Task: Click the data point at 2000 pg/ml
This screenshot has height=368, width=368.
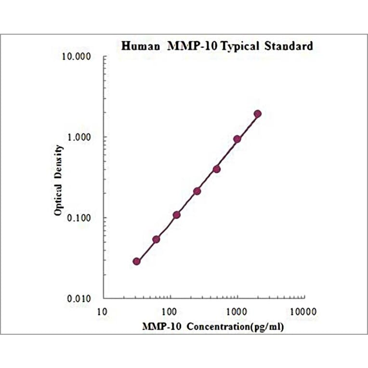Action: tap(258, 114)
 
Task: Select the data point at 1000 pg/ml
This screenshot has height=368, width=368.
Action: tap(237, 139)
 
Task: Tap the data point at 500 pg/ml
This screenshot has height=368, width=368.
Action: tap(217, 169)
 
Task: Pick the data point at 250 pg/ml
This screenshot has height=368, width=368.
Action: tap(197, 191)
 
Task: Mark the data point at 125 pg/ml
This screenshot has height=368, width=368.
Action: tap(176, 215)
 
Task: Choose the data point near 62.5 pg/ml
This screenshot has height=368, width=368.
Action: tap(156, 239)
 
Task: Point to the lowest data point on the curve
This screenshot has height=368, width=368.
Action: tap(136, 262)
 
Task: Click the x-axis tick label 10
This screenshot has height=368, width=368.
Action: tap(102, 311)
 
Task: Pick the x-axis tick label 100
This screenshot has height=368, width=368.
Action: tap(170, 311)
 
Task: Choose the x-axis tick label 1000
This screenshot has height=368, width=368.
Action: tap(237, 311)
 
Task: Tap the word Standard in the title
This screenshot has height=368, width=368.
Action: tap(289, 46)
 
